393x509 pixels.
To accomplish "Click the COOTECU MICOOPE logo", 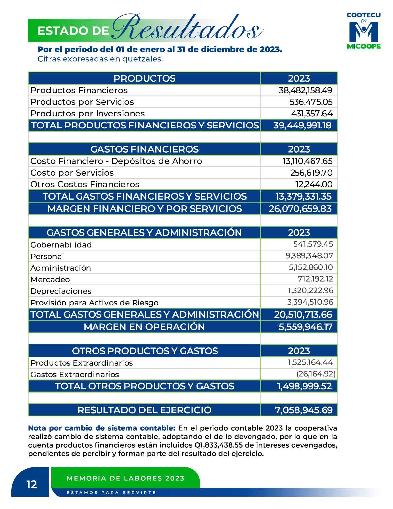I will click(x=363, y=31).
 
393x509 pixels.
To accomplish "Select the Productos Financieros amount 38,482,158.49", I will click(x=305, y=90).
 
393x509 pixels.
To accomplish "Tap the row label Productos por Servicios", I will click(x=82, y=102).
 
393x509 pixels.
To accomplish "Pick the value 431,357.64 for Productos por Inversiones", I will click(x=312, y=113).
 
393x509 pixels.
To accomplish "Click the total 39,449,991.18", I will click(x=302, y=126).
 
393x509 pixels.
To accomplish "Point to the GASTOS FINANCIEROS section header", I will click(x=144, y=149).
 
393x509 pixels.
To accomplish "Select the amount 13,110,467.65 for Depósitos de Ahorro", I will click(x=307, y=161).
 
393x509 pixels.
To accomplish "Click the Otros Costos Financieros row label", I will click(x=85, y=184).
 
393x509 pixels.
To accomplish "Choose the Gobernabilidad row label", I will click(x=61, y=245).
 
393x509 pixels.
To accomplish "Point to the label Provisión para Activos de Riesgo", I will click(x=95, y=303).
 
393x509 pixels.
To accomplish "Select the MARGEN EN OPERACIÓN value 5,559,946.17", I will click(x=305, y=327).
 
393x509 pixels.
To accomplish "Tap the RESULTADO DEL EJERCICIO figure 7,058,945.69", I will click(x=303, y=410).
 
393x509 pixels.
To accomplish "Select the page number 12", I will click(x=32, y=484).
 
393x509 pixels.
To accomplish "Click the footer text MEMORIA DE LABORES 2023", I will click(x=125, y=478).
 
